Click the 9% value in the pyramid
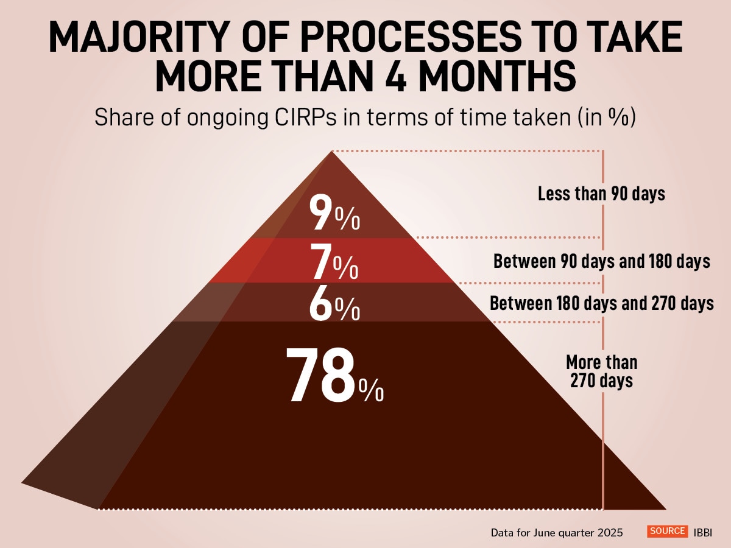pyautogui.click(x=334, y=213)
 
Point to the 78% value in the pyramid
pyautogui.click(x=334, y=376)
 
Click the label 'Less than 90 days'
pyautogui.click(x=601, y=194)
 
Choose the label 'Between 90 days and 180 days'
pyautogui.click(x=601, y=262)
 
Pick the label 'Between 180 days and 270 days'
pyautogui.click(x=601, y=303)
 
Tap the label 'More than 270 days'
pyautogui.click(x=601, y=371)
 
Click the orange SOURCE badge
pyautogui.click(x=667, y=531)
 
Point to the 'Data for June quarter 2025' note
pyautogui.click(x=557, y=532)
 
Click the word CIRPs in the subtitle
pyautogui.click(x=318, y=118)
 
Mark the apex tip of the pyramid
pyautogui.click(x=332, y=152)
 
